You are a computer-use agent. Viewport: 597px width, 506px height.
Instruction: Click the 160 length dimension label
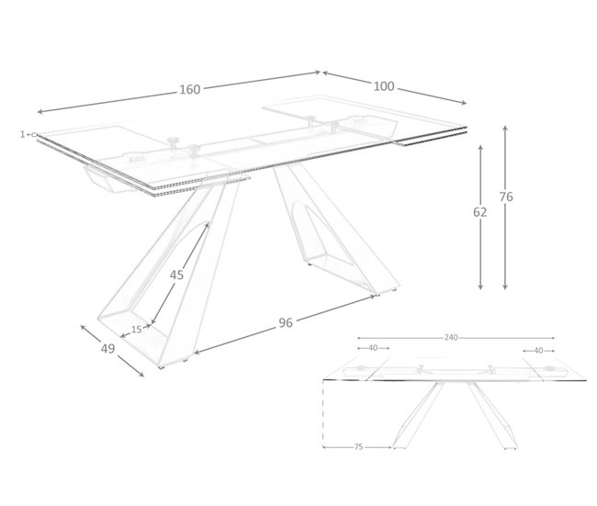pos(189,89)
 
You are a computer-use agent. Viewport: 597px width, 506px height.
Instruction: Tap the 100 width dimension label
pos(384,86)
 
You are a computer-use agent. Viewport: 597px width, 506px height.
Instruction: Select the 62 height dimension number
pos(480,211)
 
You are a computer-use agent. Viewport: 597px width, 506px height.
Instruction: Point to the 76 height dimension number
pos(505,196)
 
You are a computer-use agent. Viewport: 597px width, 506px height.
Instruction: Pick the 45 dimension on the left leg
pos(177,275)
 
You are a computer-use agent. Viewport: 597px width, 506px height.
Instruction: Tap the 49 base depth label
pos(107,348)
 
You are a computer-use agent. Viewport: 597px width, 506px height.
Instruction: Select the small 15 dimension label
pos(137,329)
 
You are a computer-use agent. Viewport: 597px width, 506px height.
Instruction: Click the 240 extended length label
pos(450,337)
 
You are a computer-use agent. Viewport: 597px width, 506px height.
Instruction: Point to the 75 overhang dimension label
pos(358,447)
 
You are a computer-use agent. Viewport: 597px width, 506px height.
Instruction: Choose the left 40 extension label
pos(373,349)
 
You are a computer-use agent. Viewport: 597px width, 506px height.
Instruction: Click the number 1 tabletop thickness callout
pos(21,134)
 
